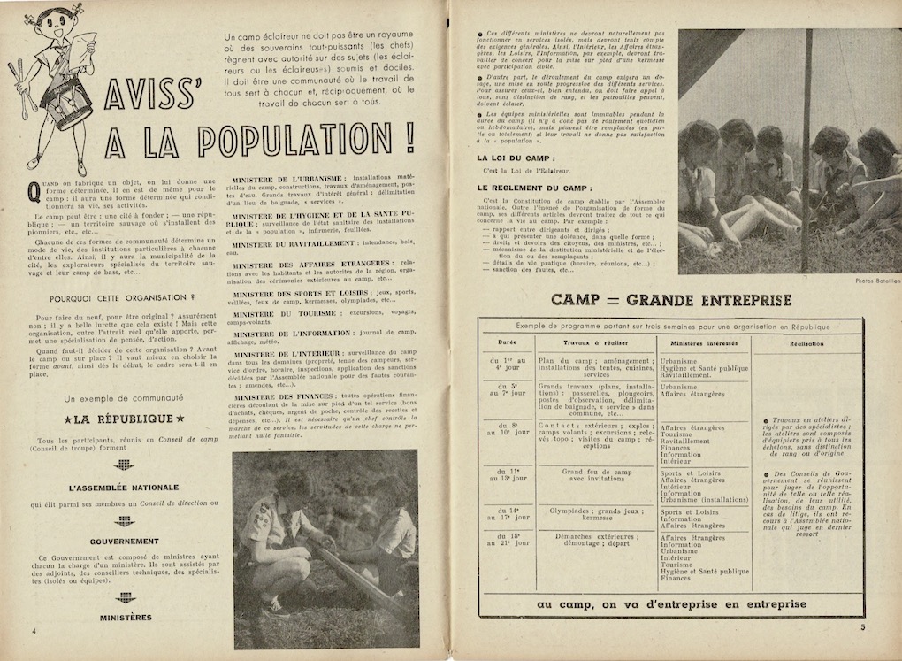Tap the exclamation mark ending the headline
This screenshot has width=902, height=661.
click(x=408, y=137)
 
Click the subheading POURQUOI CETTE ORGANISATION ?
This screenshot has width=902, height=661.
click(x=123, y=298)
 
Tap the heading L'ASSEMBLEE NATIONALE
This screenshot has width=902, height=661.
click(x=124, y=488)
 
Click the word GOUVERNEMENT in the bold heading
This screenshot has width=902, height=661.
click(x=124, y=541)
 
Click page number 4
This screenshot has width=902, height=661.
click(x=33, y=631)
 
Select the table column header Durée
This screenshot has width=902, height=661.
click(x=507, y=343)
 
